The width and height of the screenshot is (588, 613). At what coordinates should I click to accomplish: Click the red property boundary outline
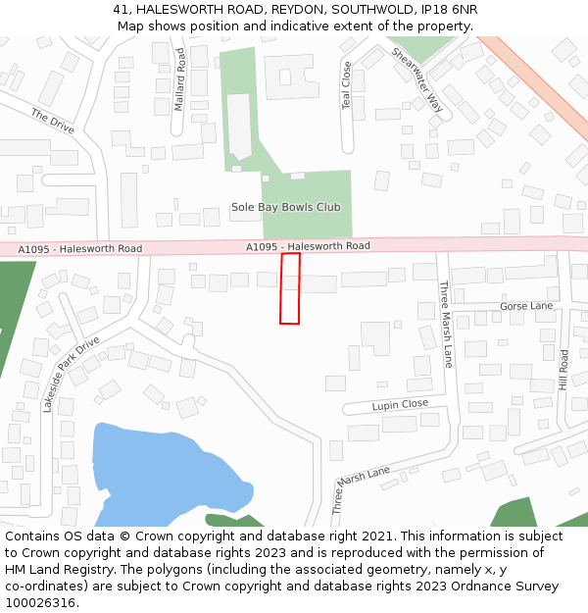(x=290, y=288)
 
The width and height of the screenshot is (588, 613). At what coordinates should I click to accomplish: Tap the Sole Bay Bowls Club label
(x=285, y=207)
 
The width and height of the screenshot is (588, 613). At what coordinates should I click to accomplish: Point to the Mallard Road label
(x=179, y=78)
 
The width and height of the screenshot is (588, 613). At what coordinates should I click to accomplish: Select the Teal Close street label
(x=346, y=85)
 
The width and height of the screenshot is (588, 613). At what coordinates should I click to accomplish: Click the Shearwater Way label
(x=416, y=78)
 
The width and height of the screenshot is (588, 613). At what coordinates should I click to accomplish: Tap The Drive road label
(x=52, y=122)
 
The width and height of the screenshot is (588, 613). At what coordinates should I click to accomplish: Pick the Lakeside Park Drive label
(x=71, y=375)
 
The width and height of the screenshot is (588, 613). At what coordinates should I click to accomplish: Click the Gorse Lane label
(x=526, y=306)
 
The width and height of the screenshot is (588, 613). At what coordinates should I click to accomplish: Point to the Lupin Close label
(x=400, y=404)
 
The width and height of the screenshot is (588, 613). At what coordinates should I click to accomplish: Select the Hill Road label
(x=563, y=370)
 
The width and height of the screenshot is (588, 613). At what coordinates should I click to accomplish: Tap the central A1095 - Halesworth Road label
(x=308, y=246)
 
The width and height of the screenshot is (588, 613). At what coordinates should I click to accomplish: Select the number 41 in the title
(x=121, y=9)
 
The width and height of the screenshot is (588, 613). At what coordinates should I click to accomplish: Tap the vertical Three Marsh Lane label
(x=447, y=318)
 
